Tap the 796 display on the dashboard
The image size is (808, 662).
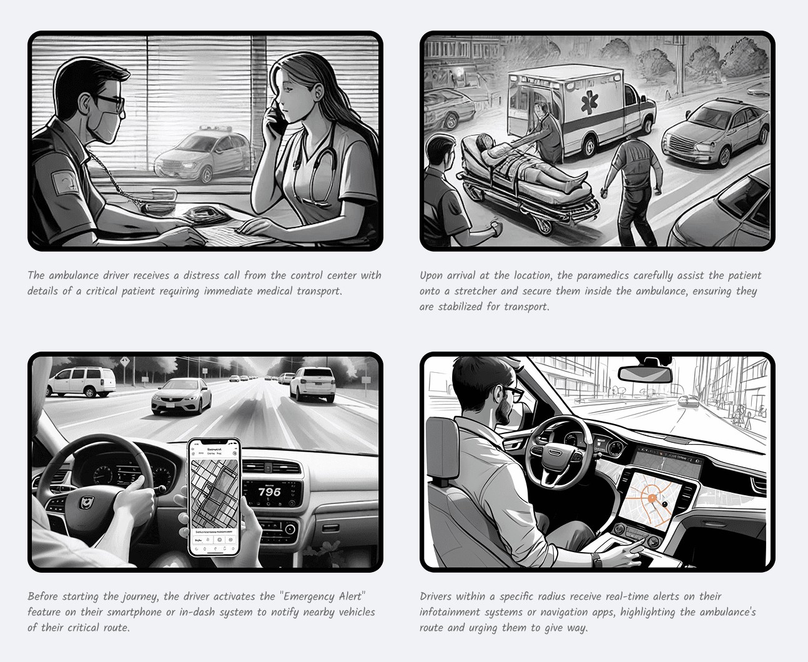[269, 492]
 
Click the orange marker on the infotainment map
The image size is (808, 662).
[652, 498]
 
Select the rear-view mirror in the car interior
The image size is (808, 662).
[645, 374]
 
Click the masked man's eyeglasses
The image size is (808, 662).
[109, 102]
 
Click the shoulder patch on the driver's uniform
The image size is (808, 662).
[66, 182]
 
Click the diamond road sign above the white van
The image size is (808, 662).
[125, 361]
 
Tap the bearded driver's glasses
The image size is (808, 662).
[511, 393]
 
